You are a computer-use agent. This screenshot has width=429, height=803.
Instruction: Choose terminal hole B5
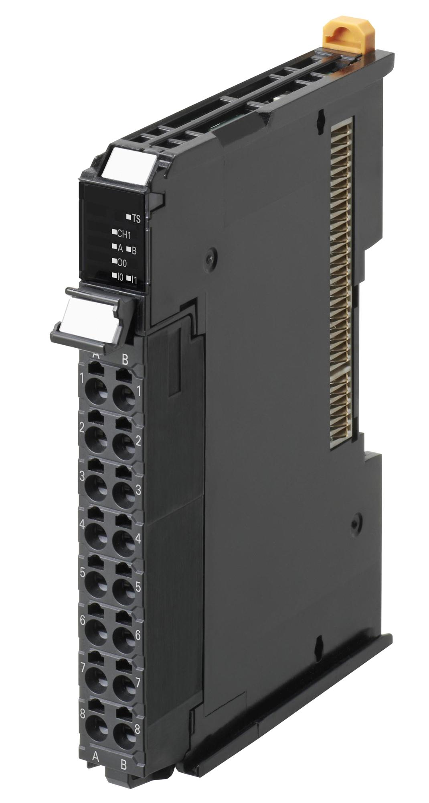pos(124,589)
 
